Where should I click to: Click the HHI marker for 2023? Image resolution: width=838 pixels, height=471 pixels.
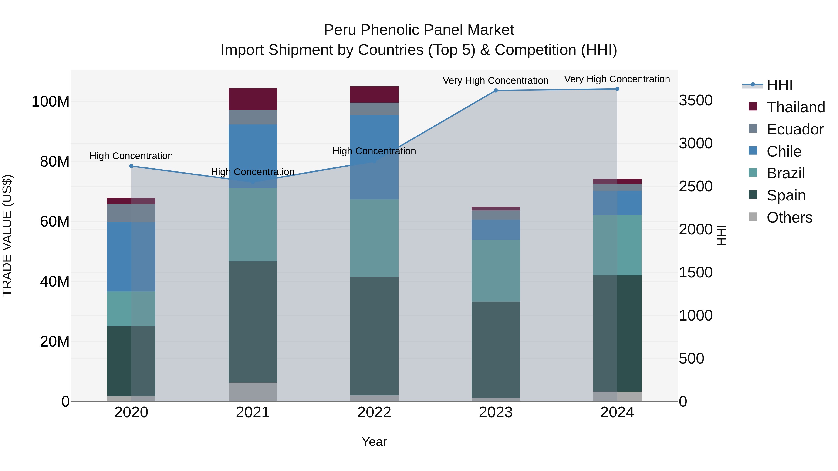(x=496, y=90)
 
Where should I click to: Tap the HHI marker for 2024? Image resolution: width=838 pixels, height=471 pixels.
(x=617, y=89)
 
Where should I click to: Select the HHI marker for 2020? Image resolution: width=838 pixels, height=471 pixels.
(x=132, y=166)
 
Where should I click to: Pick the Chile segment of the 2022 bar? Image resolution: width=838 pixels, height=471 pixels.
(x=374, y=157)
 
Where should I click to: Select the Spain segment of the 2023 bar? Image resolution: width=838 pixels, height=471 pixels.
(x=496, y=350)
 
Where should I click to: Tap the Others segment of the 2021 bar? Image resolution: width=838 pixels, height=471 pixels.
(x=253, y=392)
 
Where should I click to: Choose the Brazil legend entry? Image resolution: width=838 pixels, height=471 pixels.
(x=785, y=173)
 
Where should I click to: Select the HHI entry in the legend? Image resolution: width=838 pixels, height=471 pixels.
(x=779, y=85)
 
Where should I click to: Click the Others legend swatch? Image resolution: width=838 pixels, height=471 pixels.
(x=753, y=217)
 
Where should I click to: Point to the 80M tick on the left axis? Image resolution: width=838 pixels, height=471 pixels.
(x=55, y=162)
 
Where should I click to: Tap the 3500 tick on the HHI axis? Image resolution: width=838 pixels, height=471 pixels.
(x=696, y=100)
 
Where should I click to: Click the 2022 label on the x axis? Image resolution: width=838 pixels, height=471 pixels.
(x=374, y=412)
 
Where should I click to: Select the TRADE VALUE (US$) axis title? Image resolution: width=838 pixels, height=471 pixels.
(x=7, y=235)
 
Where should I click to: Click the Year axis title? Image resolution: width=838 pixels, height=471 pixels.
(x=374, y=442)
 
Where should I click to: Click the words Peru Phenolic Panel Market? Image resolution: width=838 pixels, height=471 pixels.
(x=419, y=30)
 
